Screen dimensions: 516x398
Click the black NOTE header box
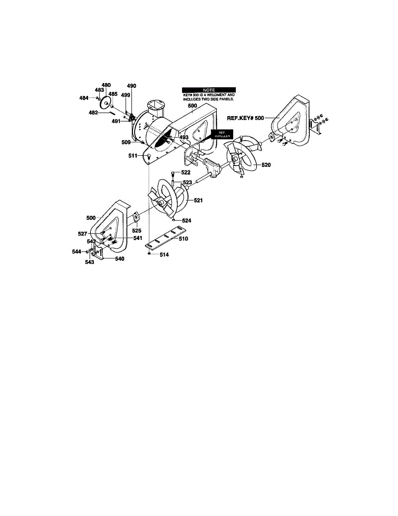209,89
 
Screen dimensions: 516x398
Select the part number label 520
266,165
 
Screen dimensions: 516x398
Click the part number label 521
198,200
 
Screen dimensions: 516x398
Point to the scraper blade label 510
183,238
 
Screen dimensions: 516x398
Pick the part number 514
164,255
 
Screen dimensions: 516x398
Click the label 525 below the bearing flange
137,230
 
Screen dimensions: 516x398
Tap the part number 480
106,85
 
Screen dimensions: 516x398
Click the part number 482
93,113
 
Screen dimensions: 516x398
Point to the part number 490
131,86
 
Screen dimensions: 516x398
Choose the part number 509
126,141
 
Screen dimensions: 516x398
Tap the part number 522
185,172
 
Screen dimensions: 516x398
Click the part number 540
119,259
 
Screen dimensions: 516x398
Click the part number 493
184,137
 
